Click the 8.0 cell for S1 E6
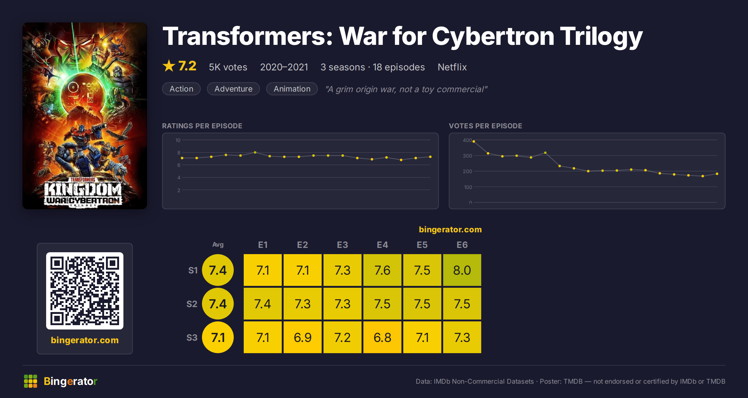462,270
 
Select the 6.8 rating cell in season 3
382,337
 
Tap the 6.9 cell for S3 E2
302,337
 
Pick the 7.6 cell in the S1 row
382,270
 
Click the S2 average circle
218,304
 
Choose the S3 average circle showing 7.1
218,337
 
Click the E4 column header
382,245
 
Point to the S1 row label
193,270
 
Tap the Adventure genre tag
233,89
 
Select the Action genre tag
181,89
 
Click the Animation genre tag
292,89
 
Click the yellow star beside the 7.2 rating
169,66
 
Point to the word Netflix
452,67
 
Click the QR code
85,291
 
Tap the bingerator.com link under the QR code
85,340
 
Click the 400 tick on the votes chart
467,140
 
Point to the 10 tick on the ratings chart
178,140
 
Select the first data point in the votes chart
474,141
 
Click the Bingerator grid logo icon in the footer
31,381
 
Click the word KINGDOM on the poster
83,189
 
